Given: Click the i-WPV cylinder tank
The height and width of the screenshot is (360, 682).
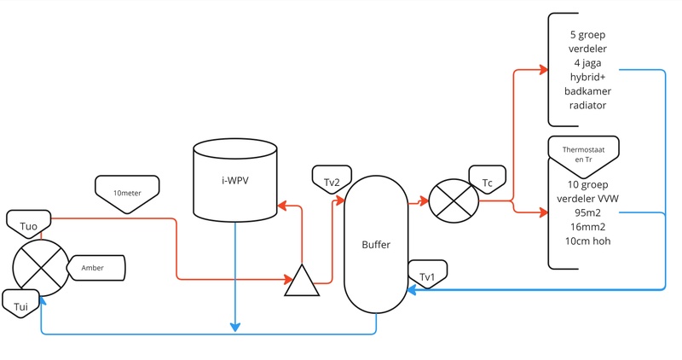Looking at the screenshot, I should (x=234, y=180).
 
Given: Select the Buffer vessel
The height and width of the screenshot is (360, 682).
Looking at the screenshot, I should (x=375, y=244).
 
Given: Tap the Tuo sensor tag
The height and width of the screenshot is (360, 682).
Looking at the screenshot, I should (x=27, y=224).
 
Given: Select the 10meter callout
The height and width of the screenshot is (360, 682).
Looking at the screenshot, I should (x=128, y=189).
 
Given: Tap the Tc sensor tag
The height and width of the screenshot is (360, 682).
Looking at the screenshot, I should (x=488, y=181).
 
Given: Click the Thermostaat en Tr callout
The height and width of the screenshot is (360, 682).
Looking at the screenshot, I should (x=584, y=153).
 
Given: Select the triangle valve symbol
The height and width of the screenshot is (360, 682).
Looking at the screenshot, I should (x=302, y=282).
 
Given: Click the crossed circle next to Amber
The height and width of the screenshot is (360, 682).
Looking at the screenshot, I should (x=40, y=266).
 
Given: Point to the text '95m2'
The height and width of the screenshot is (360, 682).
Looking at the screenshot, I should (x=584, y=212).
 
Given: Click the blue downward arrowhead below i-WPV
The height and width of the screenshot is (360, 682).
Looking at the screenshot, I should (x=234, y=328).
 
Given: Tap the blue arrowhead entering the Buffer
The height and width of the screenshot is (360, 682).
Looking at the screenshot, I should (x=413, y=291).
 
